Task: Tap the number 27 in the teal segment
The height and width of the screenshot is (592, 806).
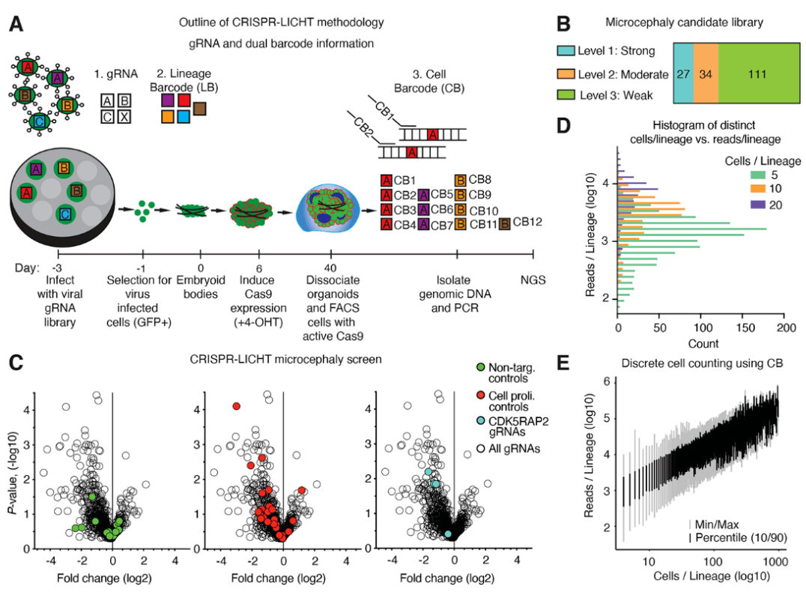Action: coord(683,75)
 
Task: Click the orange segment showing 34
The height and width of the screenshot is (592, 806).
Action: coord(706,75)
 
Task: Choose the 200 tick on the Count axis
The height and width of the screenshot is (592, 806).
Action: coord(784,328)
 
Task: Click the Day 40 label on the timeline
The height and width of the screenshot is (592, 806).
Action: coord(330,268)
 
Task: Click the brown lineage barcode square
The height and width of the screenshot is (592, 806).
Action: coord(200,109)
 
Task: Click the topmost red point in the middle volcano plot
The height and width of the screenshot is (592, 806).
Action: coord(237,405)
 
